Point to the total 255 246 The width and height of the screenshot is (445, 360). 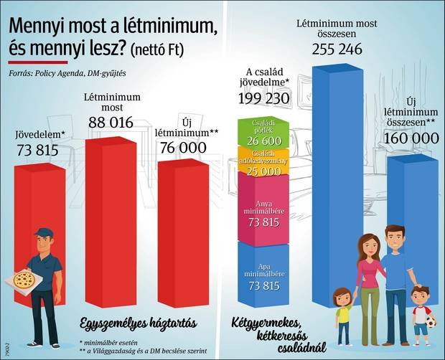coord(338,50)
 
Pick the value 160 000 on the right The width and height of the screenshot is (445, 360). coord(411,138)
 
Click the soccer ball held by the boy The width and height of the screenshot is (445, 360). coord(430,323)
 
